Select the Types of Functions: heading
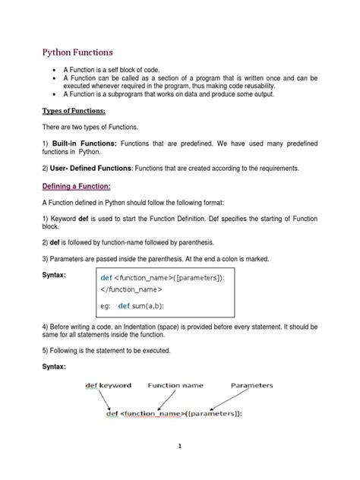(x=72, y=112)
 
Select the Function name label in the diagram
(x=175, y=385)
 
